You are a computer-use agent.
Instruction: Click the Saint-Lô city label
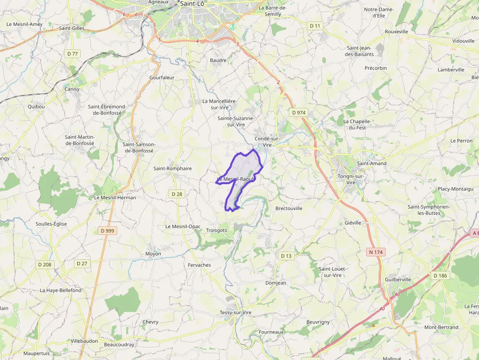click(192, 3)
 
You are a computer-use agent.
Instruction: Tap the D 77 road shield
click(72, 53)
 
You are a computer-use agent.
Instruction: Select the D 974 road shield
click(298, 112)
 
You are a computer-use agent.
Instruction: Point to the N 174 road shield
click(374, 252)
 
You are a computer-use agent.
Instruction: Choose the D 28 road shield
click(177, 194)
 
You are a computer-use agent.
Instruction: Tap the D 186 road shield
click(440, 275)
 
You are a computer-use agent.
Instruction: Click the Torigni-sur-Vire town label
click(351, 179)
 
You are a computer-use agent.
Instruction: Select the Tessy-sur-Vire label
click(236, 312)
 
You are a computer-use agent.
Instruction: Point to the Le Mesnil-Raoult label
click(236, 179)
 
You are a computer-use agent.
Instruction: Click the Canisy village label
click(72, 89)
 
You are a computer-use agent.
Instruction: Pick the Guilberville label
click(398, 279)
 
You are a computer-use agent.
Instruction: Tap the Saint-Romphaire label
click(173, 169)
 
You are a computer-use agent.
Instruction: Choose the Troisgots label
click(217, 230)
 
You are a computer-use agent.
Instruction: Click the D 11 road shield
click(315, 25)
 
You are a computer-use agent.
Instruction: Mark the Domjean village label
click(276, 283)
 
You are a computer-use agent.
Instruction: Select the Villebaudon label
click(85, 340)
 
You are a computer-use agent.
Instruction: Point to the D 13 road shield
click(286, 256)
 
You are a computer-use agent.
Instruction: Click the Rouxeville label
click(396, 31)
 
